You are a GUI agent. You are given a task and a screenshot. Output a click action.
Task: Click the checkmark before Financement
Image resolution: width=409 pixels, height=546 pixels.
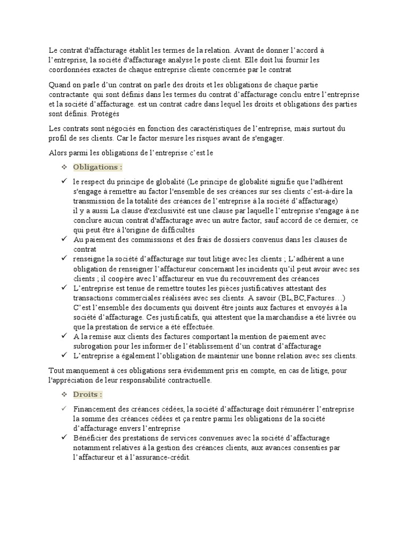[63, 409]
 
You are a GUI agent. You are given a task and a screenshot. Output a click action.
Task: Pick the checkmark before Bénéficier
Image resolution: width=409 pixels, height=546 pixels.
[63, 438]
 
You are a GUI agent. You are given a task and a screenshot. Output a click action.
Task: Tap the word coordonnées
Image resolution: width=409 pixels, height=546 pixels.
[71, 70]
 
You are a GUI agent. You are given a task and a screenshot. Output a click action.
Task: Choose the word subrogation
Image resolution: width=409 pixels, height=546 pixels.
[95, 346]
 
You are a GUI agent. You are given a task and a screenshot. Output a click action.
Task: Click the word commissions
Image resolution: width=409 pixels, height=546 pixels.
[139, 239]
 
